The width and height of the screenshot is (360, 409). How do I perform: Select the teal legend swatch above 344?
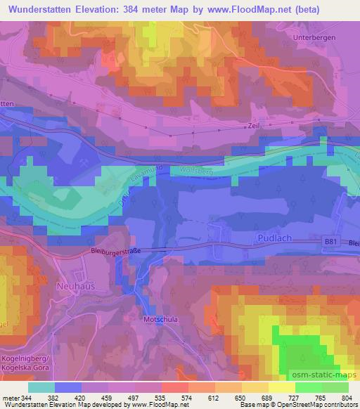pyautogui.click(x=41, y=387)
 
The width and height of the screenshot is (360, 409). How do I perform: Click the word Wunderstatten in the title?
pyautogui.click(x=45, y=8)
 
